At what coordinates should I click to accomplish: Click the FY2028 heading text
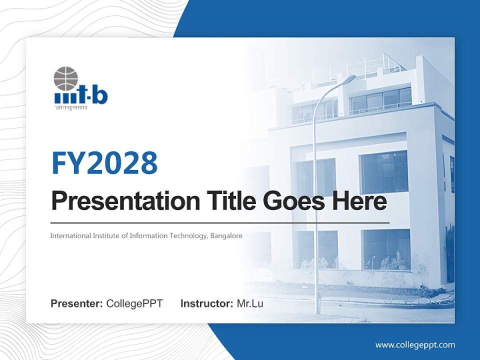pyautogui.click(x=104, y=163)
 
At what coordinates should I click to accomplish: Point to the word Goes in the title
pyautogui.click(x=291, y=201)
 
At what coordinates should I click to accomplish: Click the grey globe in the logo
pyautogui.click(x=66, y=79)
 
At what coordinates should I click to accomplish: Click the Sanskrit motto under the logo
pyautogui.click(x=70, y=107)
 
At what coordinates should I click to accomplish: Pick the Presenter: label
pyautogui.click(x=77, y=303)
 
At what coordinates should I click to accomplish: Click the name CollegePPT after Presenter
pyautogui.click(x=134, y=303)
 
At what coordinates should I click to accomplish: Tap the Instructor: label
pyautogui.click(x=206, y=303)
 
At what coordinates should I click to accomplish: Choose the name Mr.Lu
pyautogui.click(x=250, y=303)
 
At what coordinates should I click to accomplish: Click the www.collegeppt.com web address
pyautogui.click(x=415, y=344)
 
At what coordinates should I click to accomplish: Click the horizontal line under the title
pyautogui.click(x=220, y=222)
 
